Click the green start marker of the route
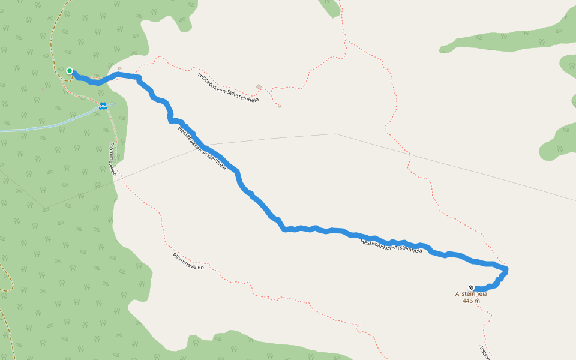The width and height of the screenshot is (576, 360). point(70,71)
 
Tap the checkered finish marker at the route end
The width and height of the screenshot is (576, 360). point(472,287)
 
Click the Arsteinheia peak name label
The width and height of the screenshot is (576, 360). point(471,294)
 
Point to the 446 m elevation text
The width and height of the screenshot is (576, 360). point(471,301)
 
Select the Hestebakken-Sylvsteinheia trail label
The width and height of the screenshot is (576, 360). point(228,87)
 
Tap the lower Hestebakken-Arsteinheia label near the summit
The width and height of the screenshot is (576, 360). point(391,245)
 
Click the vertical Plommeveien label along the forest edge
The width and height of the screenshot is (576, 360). point(112,160)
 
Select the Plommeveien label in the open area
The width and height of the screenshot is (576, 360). point(188,262)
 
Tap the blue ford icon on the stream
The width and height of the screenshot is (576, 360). point(103,106)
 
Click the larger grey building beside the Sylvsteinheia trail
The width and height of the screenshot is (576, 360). point(259,87)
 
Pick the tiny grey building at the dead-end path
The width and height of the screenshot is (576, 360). point(279,106)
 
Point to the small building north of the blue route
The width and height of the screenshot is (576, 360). point(119,68)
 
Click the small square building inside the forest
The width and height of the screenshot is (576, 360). point(43,89)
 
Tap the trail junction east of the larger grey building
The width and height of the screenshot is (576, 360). point(271,90)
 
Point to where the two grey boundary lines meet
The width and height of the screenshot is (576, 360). point(336,134)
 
